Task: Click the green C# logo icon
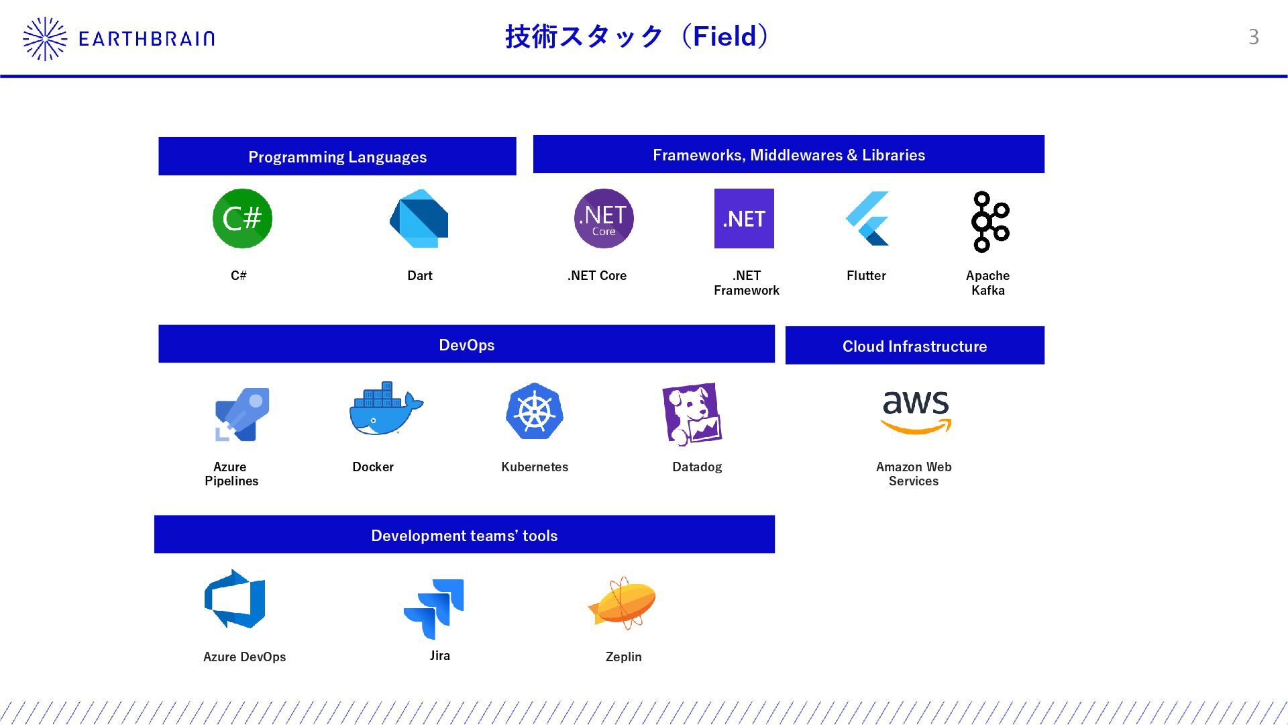coord(242,218)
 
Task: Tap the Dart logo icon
coord(419,218)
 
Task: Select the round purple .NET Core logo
coord(604,218)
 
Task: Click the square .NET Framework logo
coord(744,218)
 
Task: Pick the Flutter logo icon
coord(867,218)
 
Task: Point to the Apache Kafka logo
coord(989,222)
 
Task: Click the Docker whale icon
coord(385,409)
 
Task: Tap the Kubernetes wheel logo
coord(535,412)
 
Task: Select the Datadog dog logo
coord(692,414)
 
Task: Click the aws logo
coord(916,412)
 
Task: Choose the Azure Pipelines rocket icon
coord(242,414)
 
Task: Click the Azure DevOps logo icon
coord(235,599)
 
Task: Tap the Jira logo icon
coord(434,608)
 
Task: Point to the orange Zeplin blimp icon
coord(623,603)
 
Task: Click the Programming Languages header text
coord(337,157)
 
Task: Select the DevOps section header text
coord(466,345)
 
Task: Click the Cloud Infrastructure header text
coord(914,346)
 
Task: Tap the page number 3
coord(1253,37)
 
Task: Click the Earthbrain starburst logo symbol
coord(45,39)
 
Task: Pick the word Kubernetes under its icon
coord(535,467)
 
